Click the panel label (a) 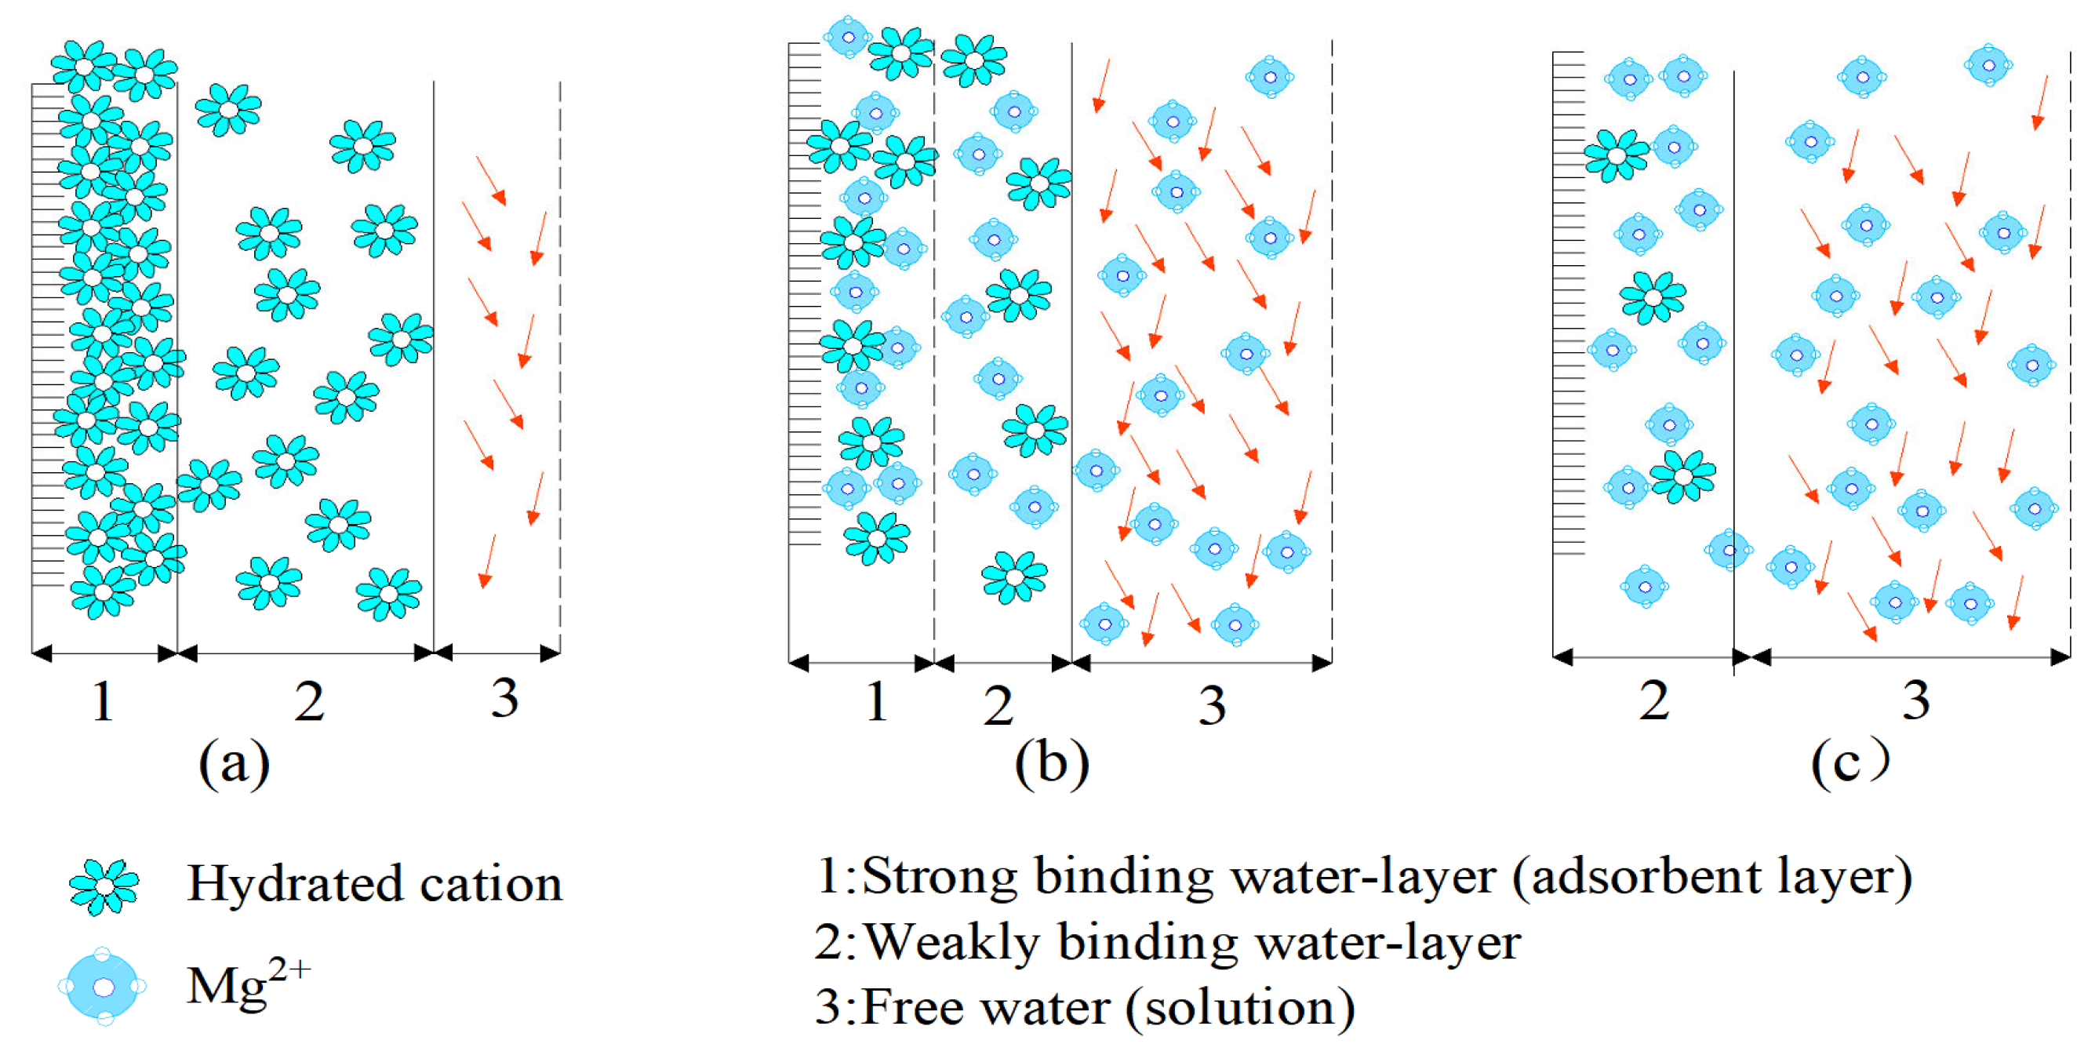tap(235, 763)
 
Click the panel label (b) tap(1052, 763)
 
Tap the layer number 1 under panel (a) tap(103, 701)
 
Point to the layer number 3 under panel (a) tap(504, 697)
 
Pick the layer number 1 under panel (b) tap(876, 701)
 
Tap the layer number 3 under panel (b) tap(1212, 705)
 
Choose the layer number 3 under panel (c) tap(1916, 699)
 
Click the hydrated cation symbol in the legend tap(104, 886)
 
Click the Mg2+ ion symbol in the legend tap(104, 986)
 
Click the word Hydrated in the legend tap(295, 884)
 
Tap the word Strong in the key tap(940, 876)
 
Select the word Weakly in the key tap(951, 943)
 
